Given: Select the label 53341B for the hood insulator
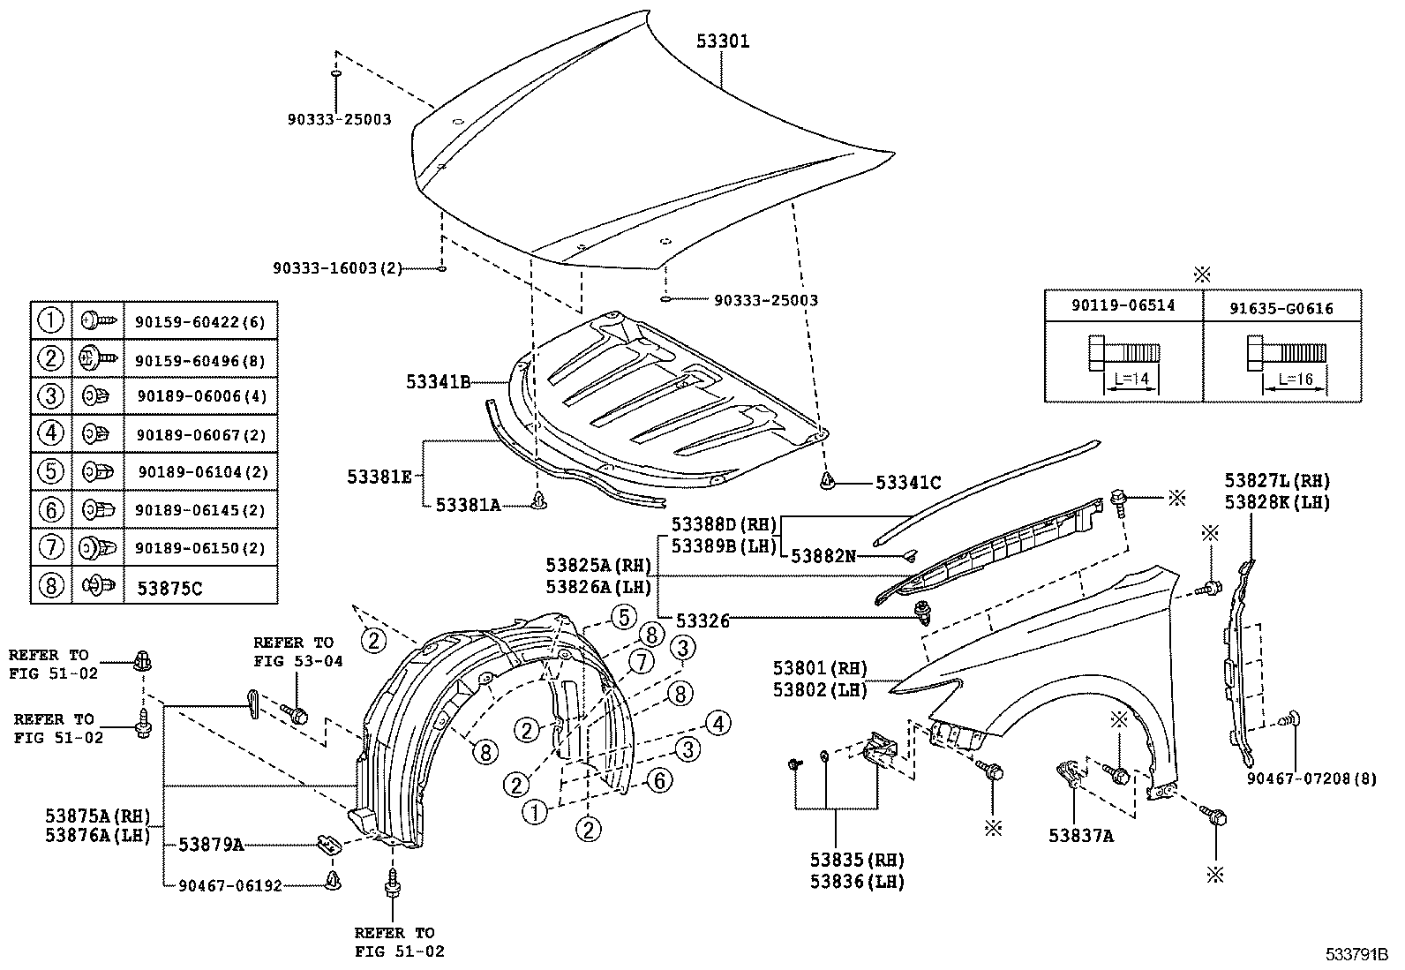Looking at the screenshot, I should [438, 382].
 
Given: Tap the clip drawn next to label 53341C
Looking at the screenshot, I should [827, 481].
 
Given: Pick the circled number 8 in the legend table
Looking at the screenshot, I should [51, 584].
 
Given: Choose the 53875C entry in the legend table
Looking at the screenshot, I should [169, 588].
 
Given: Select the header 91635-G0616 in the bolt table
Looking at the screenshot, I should [1281, 308].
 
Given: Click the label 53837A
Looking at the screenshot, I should [1080, 836].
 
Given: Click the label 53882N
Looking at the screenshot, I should [823, 555].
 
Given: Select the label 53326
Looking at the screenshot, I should [702, 620].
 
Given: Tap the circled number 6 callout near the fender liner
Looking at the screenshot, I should [659, 780].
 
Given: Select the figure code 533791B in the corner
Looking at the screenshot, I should [1355, 955].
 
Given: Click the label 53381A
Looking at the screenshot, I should [468, 505].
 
